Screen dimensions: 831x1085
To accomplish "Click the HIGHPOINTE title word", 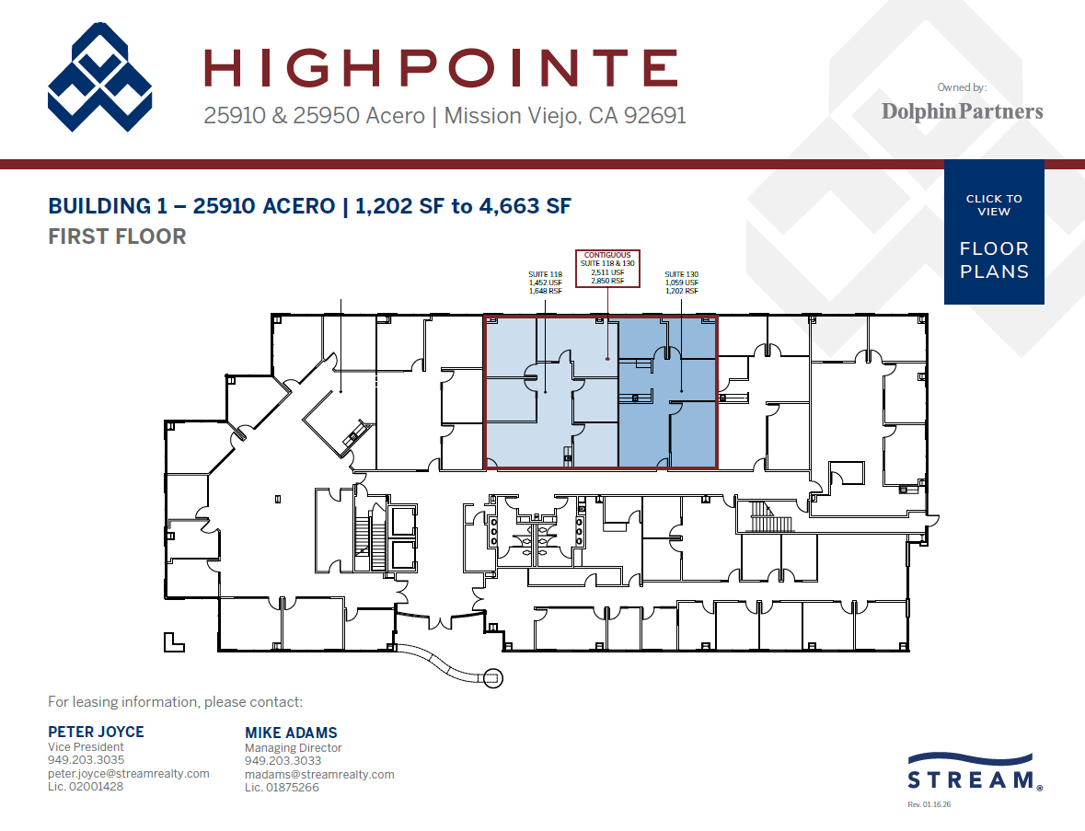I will pos(440,69).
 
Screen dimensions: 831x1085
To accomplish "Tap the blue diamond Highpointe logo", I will pos(99,77).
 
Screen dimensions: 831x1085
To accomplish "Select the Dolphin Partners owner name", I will pos(962,111).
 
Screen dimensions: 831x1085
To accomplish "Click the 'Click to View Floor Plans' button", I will pos(994,232).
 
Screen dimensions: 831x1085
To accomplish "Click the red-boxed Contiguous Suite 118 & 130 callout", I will pos(607,268).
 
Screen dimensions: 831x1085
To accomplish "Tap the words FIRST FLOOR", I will pos(117,237).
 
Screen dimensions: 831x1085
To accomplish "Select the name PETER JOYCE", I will pos(96,733).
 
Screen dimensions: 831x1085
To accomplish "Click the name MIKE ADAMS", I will pos(291,733).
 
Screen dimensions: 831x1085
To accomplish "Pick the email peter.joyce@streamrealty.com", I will pos(128,774).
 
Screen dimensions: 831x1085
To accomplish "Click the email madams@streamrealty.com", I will pos(319,775).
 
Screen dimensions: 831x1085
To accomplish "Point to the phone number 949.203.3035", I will pos(86,761).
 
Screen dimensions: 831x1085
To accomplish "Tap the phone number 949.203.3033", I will pos(283,761).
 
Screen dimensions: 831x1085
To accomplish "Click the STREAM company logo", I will pos(975,772).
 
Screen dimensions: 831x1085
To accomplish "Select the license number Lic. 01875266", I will pos(281,788).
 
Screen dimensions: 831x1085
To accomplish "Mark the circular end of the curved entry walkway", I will pos(493,678).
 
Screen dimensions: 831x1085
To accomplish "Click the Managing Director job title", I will pos(293,748).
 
